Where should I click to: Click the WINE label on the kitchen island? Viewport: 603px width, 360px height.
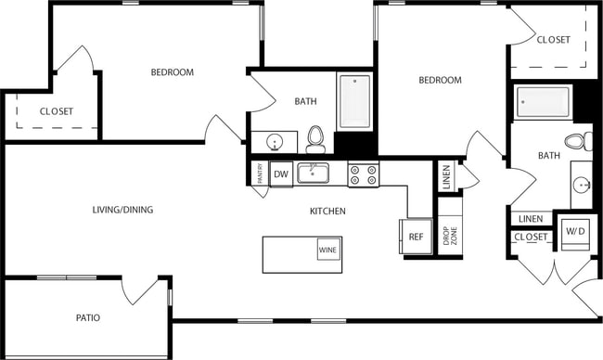point(327,250)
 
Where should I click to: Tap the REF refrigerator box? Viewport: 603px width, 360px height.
point(416,237)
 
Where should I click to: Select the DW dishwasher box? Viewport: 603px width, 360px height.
point(282,174)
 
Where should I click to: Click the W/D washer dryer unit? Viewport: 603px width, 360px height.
point(575,231)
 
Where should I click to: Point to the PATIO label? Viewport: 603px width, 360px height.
point(88,318)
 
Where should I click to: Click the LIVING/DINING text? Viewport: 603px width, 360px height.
point(122,210)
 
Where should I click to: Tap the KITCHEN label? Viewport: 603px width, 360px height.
point(327,212)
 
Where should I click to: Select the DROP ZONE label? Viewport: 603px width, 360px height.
point(449,236)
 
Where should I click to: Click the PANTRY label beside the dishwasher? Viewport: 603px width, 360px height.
point(258,174)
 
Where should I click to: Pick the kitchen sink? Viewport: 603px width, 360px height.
point(314,173)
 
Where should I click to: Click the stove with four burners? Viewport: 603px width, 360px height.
point(362,174)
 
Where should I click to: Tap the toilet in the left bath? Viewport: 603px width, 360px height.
point(315,139)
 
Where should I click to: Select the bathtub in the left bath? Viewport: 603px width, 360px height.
point(353,101)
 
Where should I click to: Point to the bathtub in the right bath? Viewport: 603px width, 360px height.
point(544,101)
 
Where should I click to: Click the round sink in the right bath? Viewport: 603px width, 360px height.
point(583,182)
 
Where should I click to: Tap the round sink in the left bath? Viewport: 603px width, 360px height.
point(275,142)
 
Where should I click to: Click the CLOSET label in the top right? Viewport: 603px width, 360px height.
point(553,40)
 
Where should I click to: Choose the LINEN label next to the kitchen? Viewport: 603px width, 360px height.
point(447,177)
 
